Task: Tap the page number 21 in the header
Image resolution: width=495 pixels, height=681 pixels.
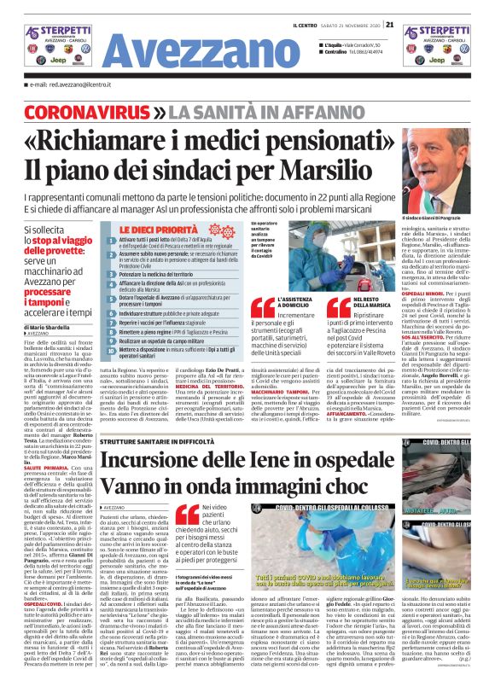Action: (389, 25)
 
